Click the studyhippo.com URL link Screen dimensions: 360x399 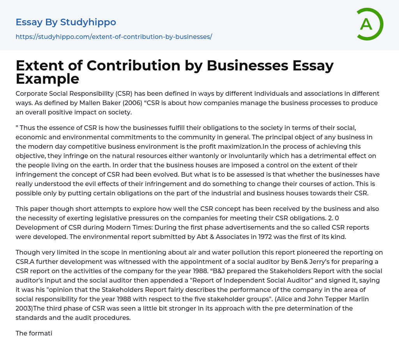pyautogui.click(x=114, y=37)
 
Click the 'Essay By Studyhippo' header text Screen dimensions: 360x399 pyautogui.click(x=66, y=22)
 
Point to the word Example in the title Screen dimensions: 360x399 pyautogui.click(x=48, y=79)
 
